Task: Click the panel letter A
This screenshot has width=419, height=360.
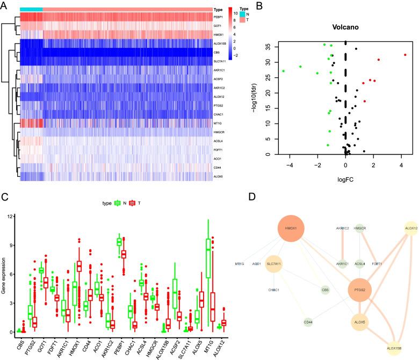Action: tap(6, 5)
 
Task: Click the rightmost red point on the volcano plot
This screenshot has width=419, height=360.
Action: tap(406, 55)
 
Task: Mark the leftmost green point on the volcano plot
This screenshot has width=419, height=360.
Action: tap(283, 71)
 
